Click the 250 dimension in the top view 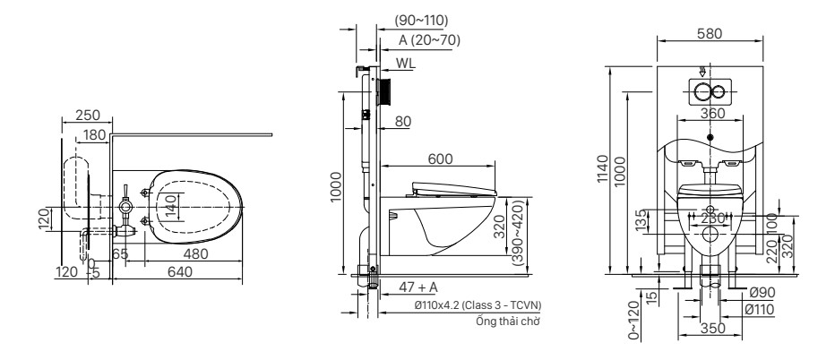tap(88, 115)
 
